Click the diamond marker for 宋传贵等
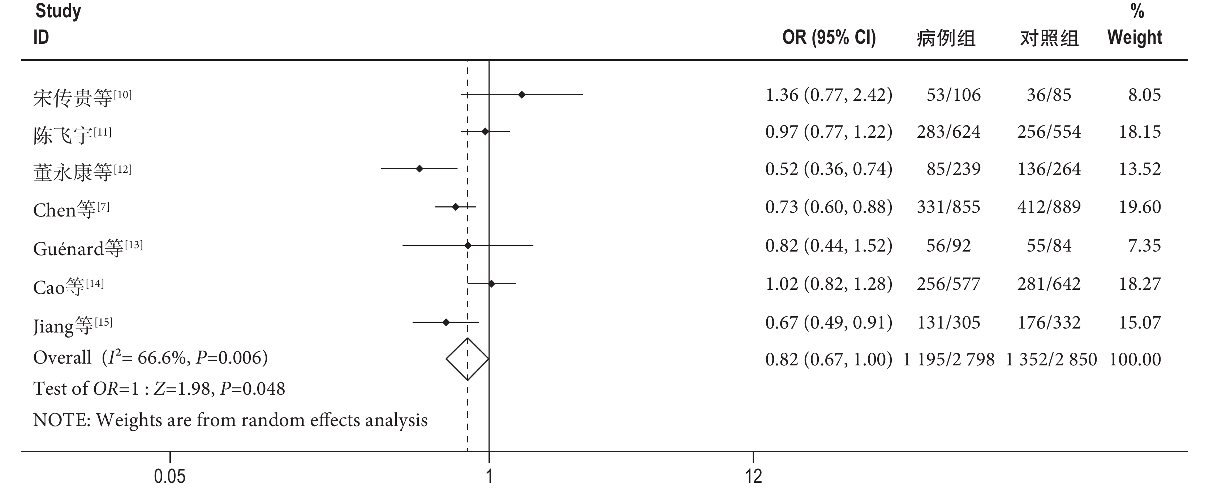521,95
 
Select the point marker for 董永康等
420,168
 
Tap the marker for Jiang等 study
446,322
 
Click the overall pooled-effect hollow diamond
468,359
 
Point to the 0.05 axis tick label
169,476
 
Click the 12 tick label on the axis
753,476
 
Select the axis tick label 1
489,476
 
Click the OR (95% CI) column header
829,38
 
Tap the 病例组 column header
946,38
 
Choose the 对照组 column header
1049,38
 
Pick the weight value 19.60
1140,207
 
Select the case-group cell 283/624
948,132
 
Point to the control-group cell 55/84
1049,245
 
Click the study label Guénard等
77,248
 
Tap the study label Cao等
59,286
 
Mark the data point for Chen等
455,206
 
